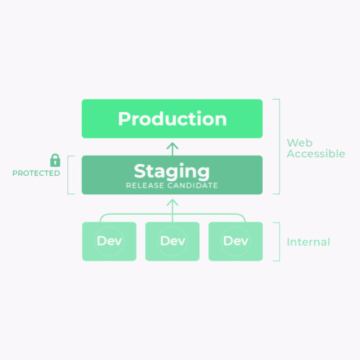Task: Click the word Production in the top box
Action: (172, 118)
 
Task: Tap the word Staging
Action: (172, 172)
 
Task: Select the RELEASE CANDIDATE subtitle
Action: (172, 185)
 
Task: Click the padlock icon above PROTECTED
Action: (55, 160)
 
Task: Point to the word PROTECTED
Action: (36, 173)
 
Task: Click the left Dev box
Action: (109, 241)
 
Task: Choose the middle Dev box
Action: (172, 241)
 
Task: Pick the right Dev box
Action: (236, 241)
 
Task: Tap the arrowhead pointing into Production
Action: (172, 146)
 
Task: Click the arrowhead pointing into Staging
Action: (172, 202)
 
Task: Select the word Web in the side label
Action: (299, 143)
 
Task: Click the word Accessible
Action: (316, 154)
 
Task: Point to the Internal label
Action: (308, 242)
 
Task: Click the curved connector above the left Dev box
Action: (108, 215)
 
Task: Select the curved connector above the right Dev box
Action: (237, 215)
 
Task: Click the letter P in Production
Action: (124, 119)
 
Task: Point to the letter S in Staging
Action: (139, 171)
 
